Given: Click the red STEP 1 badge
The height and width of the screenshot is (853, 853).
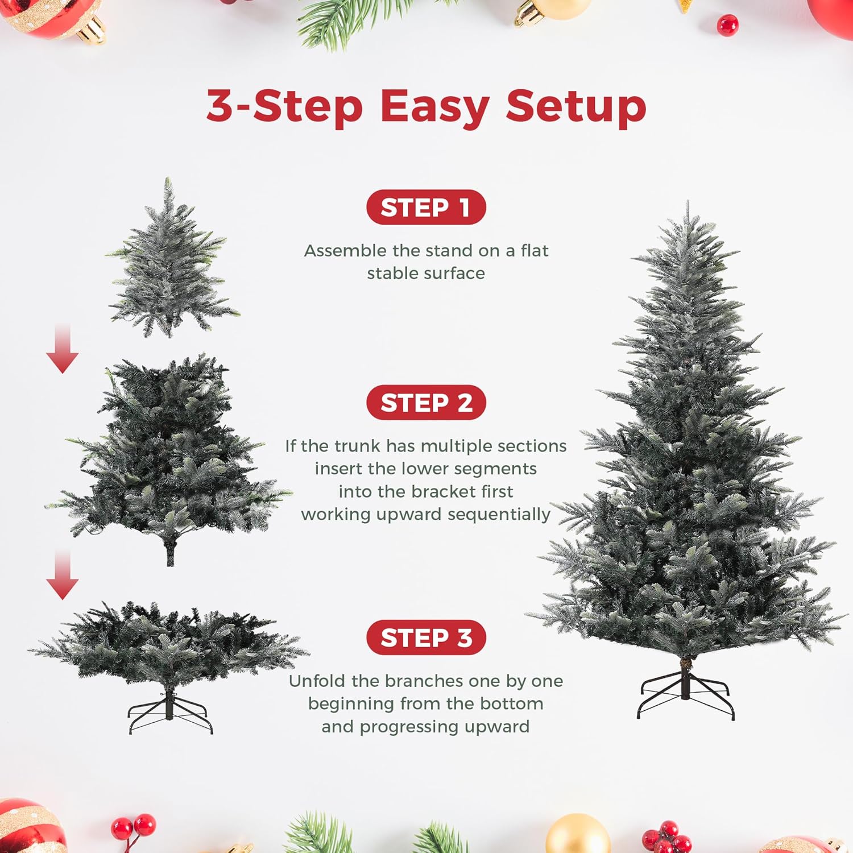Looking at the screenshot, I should pos(426,208).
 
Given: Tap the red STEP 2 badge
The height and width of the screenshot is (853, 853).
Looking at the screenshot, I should pos(426,403).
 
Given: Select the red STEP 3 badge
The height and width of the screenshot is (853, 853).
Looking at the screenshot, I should pos(426,637).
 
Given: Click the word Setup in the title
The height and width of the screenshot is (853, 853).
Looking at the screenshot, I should pos(575,107).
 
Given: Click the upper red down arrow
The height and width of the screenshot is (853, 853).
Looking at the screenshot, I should pos(63,350).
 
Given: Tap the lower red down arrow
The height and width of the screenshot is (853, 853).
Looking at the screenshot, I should pos(63,575).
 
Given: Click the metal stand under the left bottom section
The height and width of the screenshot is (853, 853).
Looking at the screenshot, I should pos(169,714).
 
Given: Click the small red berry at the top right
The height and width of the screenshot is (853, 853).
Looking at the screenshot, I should pos(727,25).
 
